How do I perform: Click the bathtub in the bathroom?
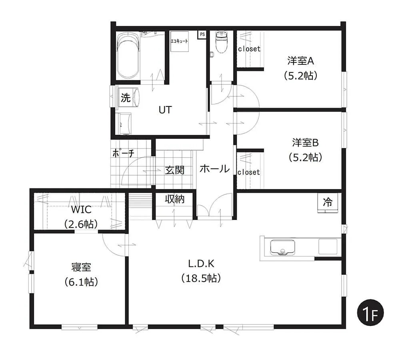coord(128,56)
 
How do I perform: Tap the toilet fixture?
coord(221,42)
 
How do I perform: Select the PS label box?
coord(202,34)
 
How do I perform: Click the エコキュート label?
coord(179,41)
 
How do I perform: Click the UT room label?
coord(165,110)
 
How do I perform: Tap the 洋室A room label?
coord(301,61)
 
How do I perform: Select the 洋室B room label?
coord(305,143)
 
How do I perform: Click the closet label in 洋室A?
coord(249,49)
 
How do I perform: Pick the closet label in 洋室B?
coord(249,172)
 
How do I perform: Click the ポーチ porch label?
coord(124,153)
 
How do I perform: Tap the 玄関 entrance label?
coord(174,170)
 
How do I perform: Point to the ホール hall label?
coord(214,169)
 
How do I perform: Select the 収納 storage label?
coord(174,199)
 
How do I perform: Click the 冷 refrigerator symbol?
coord(328,202)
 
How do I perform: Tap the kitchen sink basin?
coord(282,247)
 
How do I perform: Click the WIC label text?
coord(81,210)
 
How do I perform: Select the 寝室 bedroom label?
coord(81,267)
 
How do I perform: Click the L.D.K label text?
coord(201,264)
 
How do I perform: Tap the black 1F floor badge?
coord(370,313)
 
